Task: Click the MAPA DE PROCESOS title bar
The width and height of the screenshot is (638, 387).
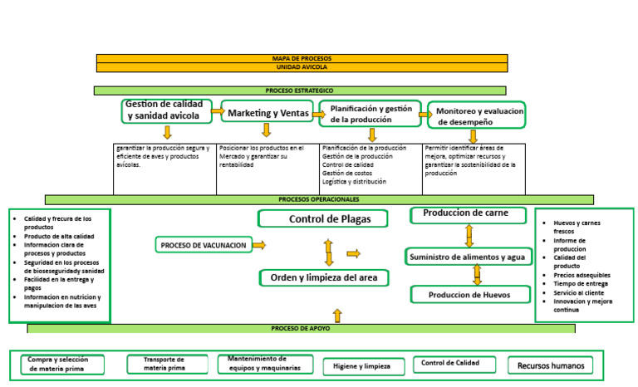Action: [302, 58]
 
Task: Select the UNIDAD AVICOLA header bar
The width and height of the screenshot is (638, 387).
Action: [302, 66]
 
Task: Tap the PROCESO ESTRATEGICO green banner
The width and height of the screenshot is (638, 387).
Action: [300, 90]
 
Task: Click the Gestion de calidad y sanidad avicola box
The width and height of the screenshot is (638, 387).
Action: [169, 110]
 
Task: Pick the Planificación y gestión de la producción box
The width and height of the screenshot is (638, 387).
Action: [371, 114]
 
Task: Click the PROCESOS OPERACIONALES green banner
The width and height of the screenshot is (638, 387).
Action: [319, 199]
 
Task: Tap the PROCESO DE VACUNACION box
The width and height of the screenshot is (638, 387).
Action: [204, 245]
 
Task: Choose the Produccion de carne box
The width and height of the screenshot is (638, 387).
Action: [469, 214]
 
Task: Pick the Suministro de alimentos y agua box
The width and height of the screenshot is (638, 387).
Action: [469, 257]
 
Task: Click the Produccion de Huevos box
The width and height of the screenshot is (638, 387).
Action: [469, 295]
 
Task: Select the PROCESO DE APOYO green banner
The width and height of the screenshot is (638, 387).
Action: [300, 329]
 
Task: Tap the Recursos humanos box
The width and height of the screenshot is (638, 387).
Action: [550, 365]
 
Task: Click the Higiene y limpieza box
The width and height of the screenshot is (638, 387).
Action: [361, 366]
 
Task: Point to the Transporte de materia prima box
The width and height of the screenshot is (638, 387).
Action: [164, 364]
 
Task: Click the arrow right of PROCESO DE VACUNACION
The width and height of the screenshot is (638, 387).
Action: [259, 245]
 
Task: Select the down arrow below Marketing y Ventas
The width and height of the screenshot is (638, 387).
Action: [267, 130]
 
